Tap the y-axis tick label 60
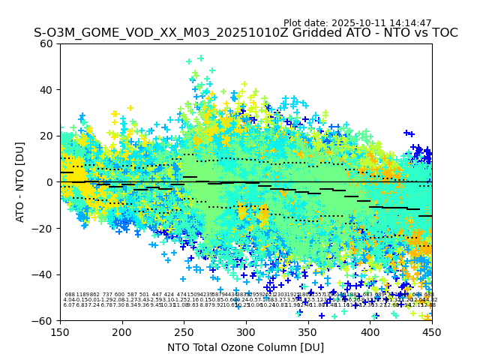46,43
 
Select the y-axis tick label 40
46,90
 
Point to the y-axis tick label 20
46,136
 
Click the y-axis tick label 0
49,182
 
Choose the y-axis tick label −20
43,228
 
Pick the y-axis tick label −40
43,274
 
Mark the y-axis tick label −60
43,320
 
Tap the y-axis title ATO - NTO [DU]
21,181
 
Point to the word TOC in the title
442,34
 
